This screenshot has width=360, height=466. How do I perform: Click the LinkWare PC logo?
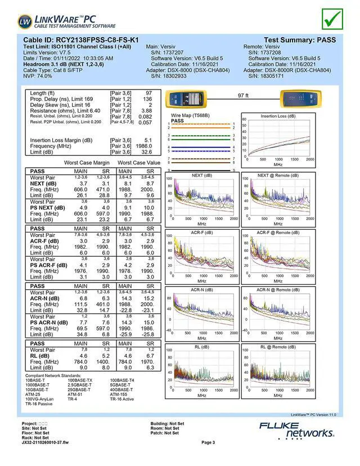tap(67, 22)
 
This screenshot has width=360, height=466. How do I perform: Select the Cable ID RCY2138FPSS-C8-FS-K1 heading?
tap(80, 40)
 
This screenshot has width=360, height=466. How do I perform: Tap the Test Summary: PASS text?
tap(299, 40)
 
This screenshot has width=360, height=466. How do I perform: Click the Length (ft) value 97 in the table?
tap(148, 93)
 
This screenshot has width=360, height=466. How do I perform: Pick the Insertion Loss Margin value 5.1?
tap(148, 140)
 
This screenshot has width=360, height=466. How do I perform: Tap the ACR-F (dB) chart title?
tap(201, 232)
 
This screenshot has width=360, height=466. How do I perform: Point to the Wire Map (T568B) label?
tap(189, 115)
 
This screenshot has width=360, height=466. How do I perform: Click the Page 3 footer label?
tap(208, 442)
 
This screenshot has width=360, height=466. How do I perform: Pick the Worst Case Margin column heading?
tap(87, 163)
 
